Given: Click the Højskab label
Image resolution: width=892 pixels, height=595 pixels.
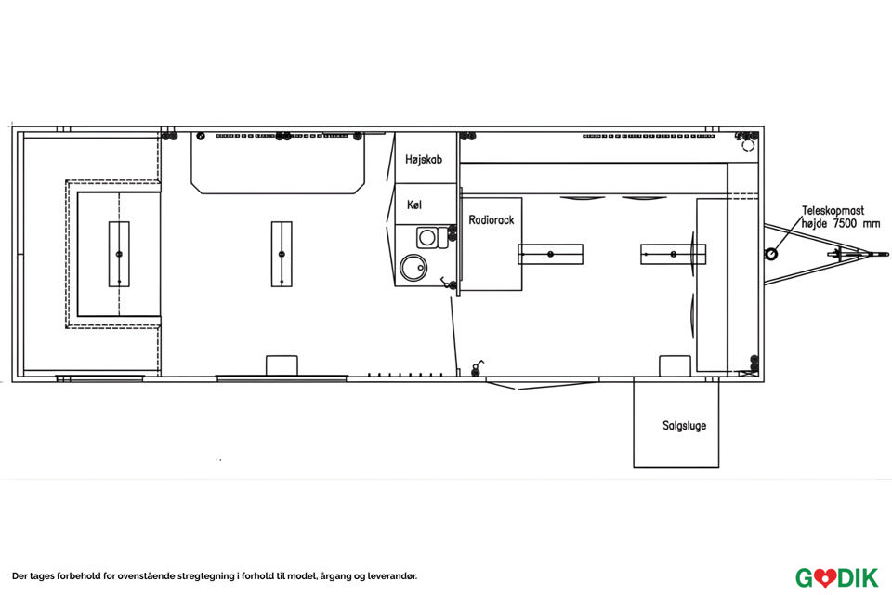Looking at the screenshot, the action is click(424, 159).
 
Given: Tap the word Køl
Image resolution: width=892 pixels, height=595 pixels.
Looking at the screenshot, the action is click(414, 205).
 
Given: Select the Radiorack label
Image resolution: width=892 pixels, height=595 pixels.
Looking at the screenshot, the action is click(491, 219).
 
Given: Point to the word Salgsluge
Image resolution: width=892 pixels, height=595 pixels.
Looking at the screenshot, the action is click(685, 425).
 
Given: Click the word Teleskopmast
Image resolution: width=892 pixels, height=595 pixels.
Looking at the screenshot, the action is click(833, 211).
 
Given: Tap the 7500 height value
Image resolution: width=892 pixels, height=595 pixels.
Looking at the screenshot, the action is click(845, 224).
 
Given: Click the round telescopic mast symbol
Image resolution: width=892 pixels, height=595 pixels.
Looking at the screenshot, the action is click(771, 254).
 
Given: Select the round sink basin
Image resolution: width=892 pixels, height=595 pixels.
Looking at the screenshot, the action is click(413, 267).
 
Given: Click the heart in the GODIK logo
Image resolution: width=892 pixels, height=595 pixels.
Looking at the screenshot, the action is click(822, 578).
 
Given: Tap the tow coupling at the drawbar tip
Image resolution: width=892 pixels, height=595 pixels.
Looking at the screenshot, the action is click(879, 254).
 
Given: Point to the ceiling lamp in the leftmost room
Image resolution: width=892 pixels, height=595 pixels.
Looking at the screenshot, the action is click(119, 254).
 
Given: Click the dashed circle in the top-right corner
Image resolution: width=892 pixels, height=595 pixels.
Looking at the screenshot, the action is click(748, 146).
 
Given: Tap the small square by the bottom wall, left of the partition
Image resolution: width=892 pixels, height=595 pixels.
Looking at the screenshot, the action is click(282, 365).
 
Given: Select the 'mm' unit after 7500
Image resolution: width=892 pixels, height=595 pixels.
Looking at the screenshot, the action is click(871, 225).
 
